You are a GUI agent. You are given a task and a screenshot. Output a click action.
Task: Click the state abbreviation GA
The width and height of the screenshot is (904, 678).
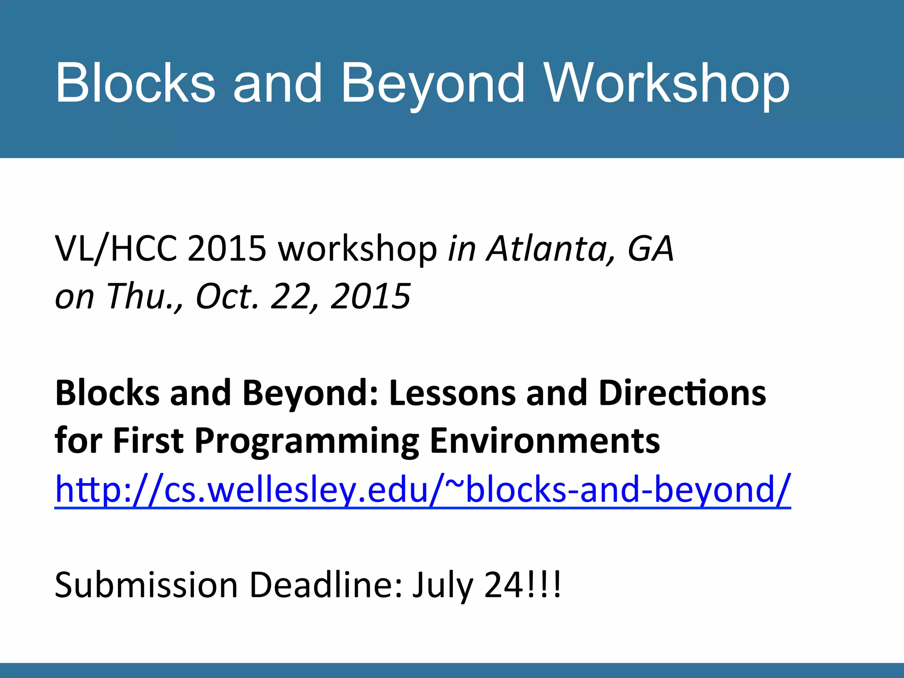(x=651, y=249)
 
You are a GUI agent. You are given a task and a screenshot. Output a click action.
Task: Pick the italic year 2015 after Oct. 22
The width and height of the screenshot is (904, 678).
(x=371, y=296)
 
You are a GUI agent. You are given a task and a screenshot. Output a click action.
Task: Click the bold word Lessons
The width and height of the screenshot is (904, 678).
(x=453, y=393)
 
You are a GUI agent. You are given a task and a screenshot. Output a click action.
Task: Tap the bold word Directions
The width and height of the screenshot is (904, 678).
(x=682, y=393)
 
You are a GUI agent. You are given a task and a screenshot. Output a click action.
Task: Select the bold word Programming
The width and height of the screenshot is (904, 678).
(x=307, y=441)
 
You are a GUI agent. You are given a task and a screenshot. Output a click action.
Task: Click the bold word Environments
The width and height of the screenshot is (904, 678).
(x=545, y=441)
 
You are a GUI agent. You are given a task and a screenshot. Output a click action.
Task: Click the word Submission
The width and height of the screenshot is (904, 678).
(x=146, y=585)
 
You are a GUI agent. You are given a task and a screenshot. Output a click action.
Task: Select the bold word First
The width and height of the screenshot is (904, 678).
(x=148, y=441)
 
